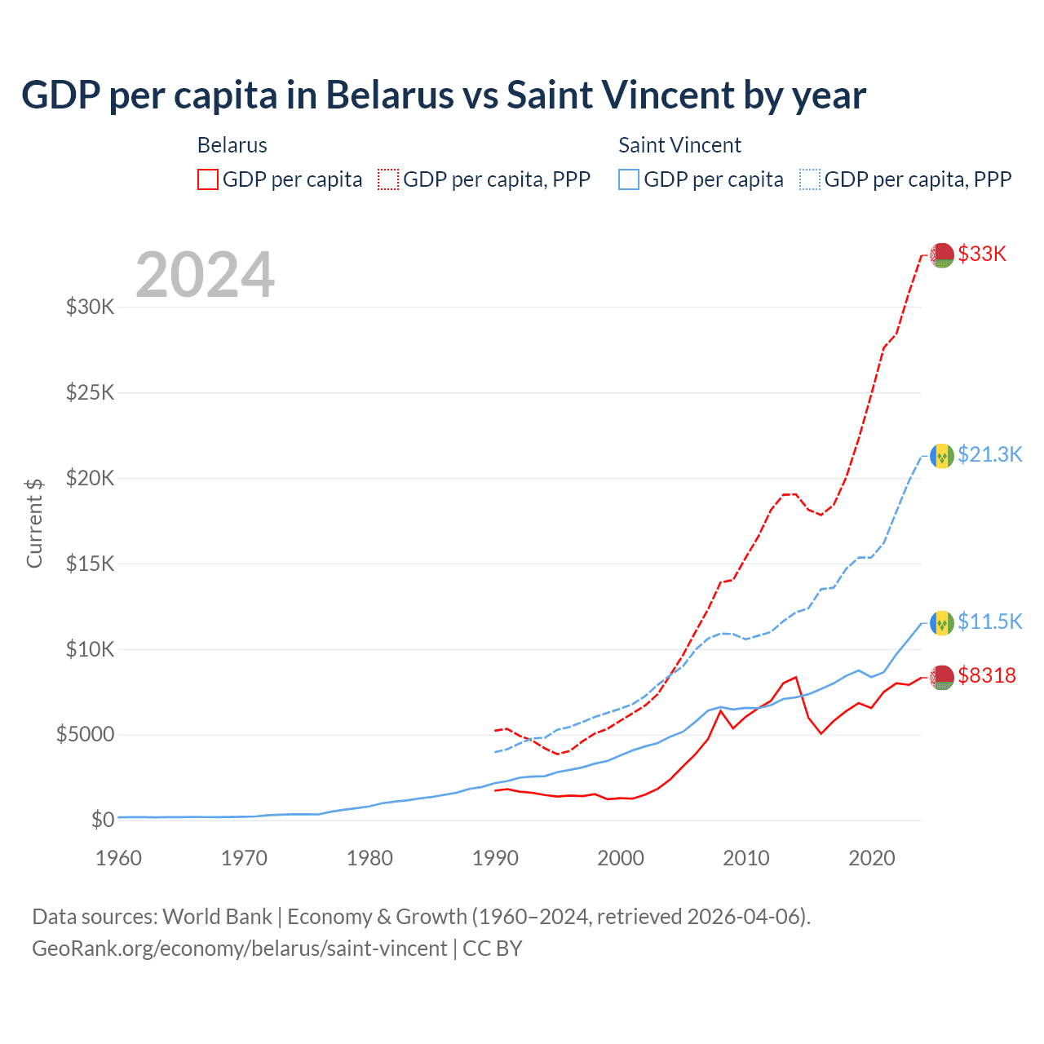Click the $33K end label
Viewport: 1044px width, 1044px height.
tap(982, 254)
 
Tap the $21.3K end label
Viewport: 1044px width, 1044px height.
tap(989, 454)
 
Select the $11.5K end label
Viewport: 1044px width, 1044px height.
tap(989, 622)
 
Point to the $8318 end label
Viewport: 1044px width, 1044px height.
tap(987, 675)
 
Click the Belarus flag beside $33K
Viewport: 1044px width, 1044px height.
tap(942, 254)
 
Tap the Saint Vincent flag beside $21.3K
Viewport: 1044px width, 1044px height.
tap(942, 455)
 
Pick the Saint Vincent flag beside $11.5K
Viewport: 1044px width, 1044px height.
tap(942, 623)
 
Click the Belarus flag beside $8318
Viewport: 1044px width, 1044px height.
tap(942, 676)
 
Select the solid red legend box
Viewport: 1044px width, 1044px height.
tap(208, 179)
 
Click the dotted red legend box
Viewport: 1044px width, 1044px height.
tap(388, 179)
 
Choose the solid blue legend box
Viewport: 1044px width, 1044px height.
tap(629, 179)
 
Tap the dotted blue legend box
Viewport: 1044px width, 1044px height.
tap(810, 179)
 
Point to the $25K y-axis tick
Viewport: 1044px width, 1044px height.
tap(90, 393)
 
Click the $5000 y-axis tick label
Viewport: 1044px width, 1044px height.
tap(85, 735)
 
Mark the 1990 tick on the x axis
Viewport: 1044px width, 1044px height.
tap(495, 858)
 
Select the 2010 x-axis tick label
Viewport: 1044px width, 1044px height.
tap(746, 858)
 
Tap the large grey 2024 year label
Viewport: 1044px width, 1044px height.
tap(205, 276)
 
